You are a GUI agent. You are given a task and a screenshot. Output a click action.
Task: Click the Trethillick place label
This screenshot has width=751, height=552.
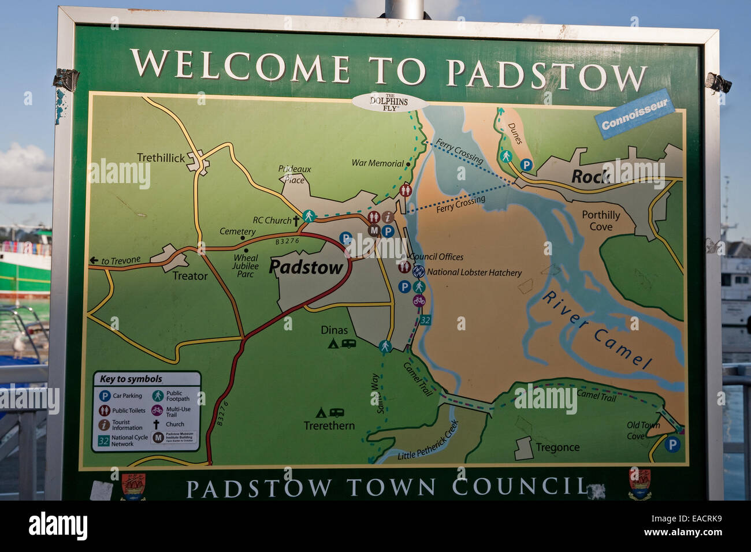(x=161, y=158)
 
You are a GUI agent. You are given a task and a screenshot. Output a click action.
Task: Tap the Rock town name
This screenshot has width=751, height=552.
(x=590, y=177)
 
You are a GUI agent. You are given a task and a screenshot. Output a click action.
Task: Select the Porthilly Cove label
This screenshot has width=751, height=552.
(x=601, y=221)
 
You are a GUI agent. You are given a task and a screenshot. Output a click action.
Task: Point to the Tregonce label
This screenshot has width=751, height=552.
(x=557, y=447)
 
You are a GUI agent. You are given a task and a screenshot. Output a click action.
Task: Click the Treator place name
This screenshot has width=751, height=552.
(x=190, y=276)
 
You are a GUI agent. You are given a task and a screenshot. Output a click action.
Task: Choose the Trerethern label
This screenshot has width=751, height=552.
(x=329, y=426)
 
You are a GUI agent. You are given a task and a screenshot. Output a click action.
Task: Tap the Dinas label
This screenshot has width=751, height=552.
(x=334, y=330)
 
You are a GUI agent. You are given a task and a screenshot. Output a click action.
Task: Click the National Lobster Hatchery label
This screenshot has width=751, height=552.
(x=474, y=273)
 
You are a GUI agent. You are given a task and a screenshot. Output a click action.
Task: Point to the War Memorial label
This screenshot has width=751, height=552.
(x=377, y=163)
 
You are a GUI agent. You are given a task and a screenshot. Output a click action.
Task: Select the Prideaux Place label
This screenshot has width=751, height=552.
(x=294, y=174)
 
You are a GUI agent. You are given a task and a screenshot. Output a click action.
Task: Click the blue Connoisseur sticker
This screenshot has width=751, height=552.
(x=634, y=114)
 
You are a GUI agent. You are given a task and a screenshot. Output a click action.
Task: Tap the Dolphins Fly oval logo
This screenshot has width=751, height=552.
(x=389, y=103)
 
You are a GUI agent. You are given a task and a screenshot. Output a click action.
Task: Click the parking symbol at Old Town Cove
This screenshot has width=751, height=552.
(x=671, y=445)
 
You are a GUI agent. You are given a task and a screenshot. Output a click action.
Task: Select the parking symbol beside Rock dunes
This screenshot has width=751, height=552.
(x=526, y=165)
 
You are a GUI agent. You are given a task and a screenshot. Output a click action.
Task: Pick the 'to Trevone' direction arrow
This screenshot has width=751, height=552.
(x=94, y=261)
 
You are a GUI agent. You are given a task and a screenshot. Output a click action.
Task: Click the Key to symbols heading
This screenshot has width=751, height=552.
(x=131, y=379)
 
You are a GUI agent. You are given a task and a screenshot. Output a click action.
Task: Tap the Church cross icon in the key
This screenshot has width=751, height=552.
(x=157, y=424)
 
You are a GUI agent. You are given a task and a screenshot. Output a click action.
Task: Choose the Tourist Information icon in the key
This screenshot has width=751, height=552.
(x=105, y=425)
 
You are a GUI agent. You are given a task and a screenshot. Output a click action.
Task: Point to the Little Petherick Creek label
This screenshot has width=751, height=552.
(x=427, y=441)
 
